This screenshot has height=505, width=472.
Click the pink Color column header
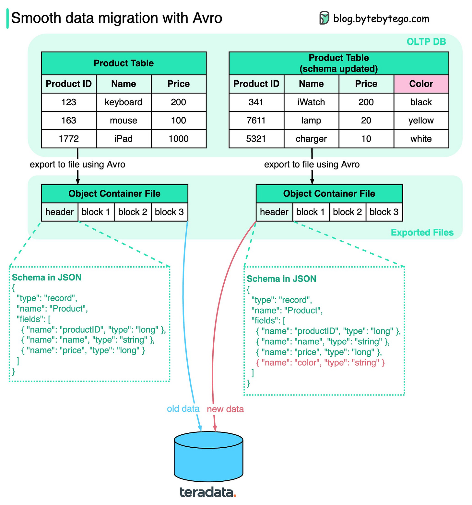tap(421, 84)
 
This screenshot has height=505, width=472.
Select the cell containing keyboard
tap(124, 102)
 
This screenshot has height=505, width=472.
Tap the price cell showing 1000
tap(178, 139)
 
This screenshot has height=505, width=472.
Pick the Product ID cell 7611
tap(256, 121)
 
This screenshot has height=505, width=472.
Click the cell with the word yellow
tap(421, 121)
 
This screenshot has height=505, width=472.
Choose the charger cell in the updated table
tap(311, 139)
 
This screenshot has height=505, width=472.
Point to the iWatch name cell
tap(311, 102)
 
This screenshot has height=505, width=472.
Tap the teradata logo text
tap(208, 492)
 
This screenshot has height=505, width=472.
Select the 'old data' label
tap(183, 409)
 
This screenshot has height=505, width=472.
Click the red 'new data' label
tap(225, 409)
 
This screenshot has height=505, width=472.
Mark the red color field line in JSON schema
tap(320, 363)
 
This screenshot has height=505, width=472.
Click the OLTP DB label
tap(426, 42)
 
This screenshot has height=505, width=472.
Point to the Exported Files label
tap(422, 233)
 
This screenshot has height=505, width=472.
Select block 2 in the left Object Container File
tap(133, 212)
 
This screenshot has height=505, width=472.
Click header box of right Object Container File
tap(274, 212)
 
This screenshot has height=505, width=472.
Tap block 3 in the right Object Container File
tap(384, 212)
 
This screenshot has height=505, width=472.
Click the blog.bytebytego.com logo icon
tap(324, 18)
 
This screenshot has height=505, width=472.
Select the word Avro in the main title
tap(207, 18)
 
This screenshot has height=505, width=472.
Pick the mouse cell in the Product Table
tap(124, 121)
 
